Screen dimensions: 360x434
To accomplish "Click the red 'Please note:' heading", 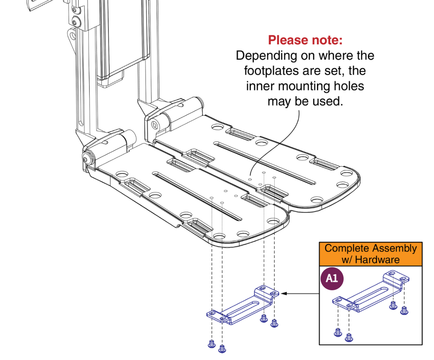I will pyautogui.click(x=305, y=40).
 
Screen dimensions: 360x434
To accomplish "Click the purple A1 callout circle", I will pyautogui.click(x=332, y=279).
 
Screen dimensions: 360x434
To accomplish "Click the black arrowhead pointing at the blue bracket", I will pyautogui.click(x=284, y=294).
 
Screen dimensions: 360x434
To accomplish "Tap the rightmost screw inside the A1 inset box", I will pyautogui.click(x=404, y=310).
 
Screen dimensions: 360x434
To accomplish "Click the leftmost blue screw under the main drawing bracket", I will pyautogui.click(x=211, y=343).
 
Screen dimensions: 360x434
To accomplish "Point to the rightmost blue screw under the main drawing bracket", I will pyautogui.click(x=274, y=323).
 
